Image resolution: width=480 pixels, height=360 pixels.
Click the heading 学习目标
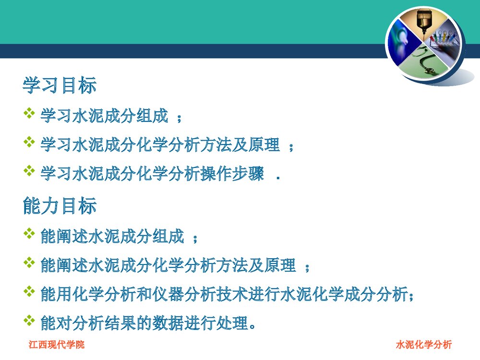pos(60,85)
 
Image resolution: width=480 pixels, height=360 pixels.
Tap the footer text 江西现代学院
pos(57,344)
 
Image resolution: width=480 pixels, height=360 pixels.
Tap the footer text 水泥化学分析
pos(424,344)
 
